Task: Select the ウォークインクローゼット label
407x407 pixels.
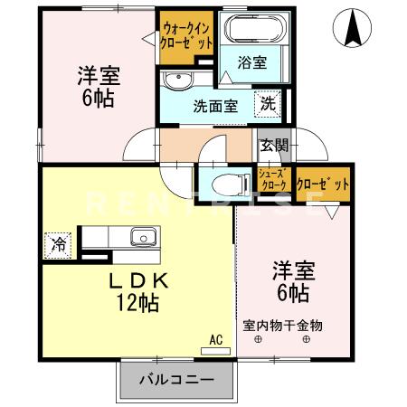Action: tap(187, 35)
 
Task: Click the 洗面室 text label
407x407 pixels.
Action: tap(214, 105)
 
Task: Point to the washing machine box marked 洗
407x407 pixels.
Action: tap(269, 104)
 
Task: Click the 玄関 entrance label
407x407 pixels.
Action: tap(274, 146)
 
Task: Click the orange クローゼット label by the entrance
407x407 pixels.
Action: tap(323, 185)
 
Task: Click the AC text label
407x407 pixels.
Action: tap(215, 339)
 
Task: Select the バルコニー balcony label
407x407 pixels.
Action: tap(176, 379)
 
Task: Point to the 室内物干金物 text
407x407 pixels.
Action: tap(282, 325)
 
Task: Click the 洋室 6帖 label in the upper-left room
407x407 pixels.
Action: tap(97, 86)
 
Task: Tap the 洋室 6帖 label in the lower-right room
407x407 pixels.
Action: tap(289, 281)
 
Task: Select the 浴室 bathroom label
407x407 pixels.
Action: tap(252, 63)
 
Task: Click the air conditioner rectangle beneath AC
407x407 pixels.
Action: tap(215, 350)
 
